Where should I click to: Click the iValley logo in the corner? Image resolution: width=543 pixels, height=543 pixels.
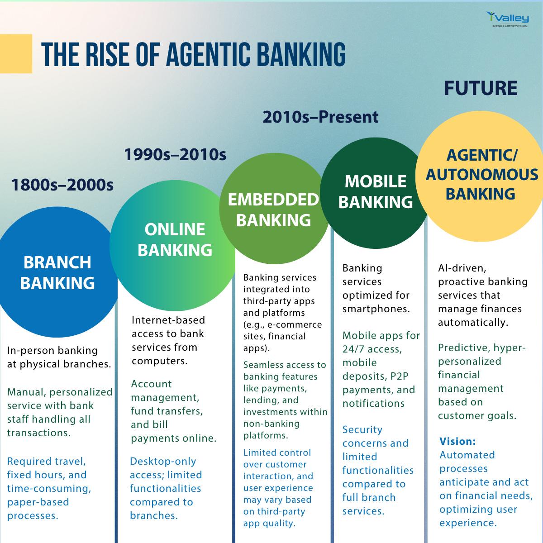[507, 19]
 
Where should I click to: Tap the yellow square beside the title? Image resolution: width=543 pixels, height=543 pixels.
[16, 53]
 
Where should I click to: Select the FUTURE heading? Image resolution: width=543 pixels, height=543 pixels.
[481, 88]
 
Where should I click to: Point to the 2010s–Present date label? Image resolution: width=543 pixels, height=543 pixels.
[320, 117]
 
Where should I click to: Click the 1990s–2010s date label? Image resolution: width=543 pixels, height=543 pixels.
[175, 154]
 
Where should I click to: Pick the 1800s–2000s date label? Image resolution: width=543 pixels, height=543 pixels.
[62, 185]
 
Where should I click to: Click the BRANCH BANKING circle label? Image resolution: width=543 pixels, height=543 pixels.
[57, 272]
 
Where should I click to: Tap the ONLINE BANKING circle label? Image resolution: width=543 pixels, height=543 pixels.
[175, 239]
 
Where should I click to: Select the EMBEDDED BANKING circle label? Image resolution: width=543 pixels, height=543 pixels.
[273, 210]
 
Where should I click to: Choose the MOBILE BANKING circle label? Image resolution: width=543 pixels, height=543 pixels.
[375, 191]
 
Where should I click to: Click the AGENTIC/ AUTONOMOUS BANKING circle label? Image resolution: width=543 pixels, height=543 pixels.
[481, 174]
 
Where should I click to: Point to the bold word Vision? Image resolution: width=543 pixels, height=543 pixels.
[457, 441]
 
